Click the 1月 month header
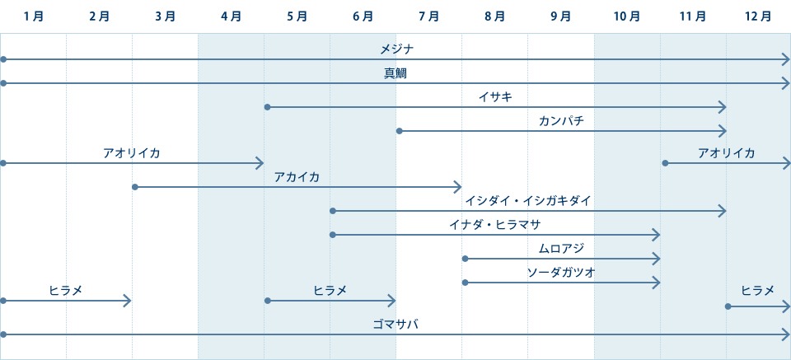pos(34,16)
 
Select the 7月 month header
pos(428,16)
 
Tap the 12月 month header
pos(757,16)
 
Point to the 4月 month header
pos(232,16)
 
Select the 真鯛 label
pos(395,73)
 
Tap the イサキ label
pos(495,97)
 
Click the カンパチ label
pos(561,121)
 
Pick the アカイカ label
pos(297,177)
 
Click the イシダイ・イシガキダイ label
pos(528,201)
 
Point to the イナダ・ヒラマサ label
pos(495,225)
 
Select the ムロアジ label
pos(561,249)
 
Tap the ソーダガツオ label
pos(561,273)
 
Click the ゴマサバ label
pos(395,325)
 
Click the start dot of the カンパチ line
pos(400,131)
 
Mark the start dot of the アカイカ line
pos(136,187)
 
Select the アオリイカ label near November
pos(726,153)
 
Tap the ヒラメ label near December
pos(757,290)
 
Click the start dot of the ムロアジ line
pos(466,259)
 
